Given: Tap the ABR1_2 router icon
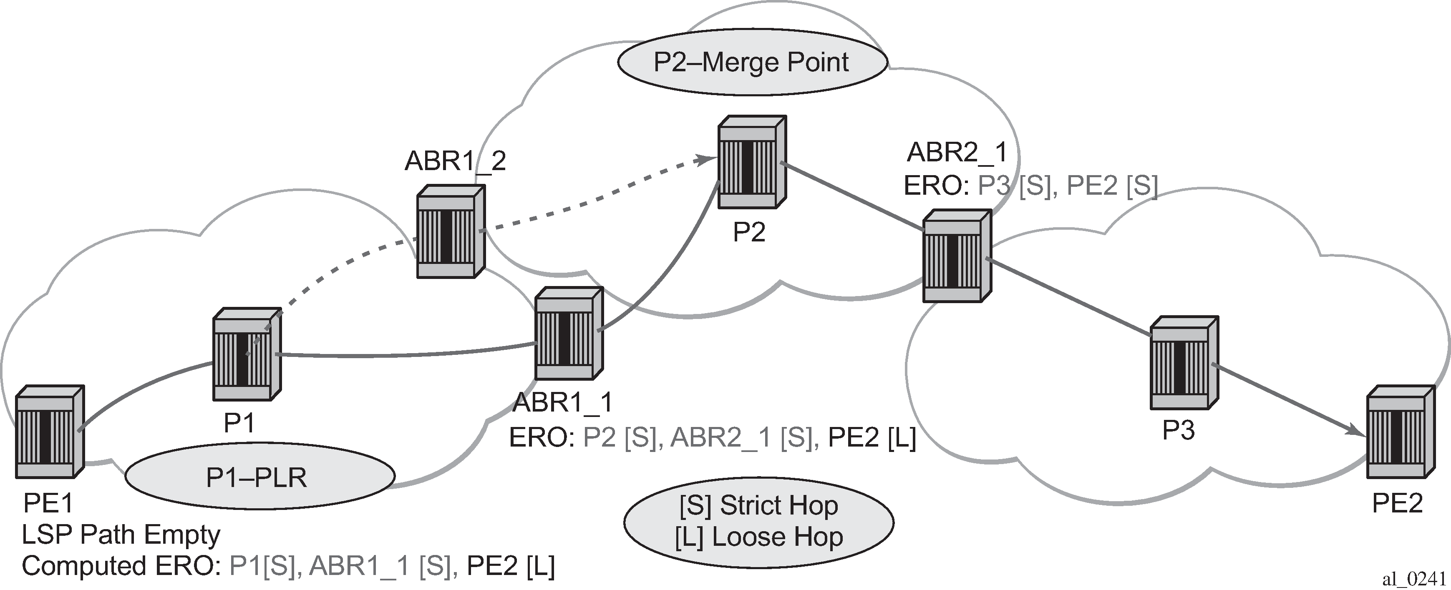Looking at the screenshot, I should coord(451,231).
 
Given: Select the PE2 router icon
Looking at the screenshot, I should coord(1400,432).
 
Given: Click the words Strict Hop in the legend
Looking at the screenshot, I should coord(779,505).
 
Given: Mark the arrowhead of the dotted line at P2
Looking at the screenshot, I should coord(701,160).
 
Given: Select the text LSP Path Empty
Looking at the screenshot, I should coord(121,535).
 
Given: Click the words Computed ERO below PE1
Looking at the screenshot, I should coord(121,566).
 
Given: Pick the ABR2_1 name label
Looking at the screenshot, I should coord(957,152).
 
